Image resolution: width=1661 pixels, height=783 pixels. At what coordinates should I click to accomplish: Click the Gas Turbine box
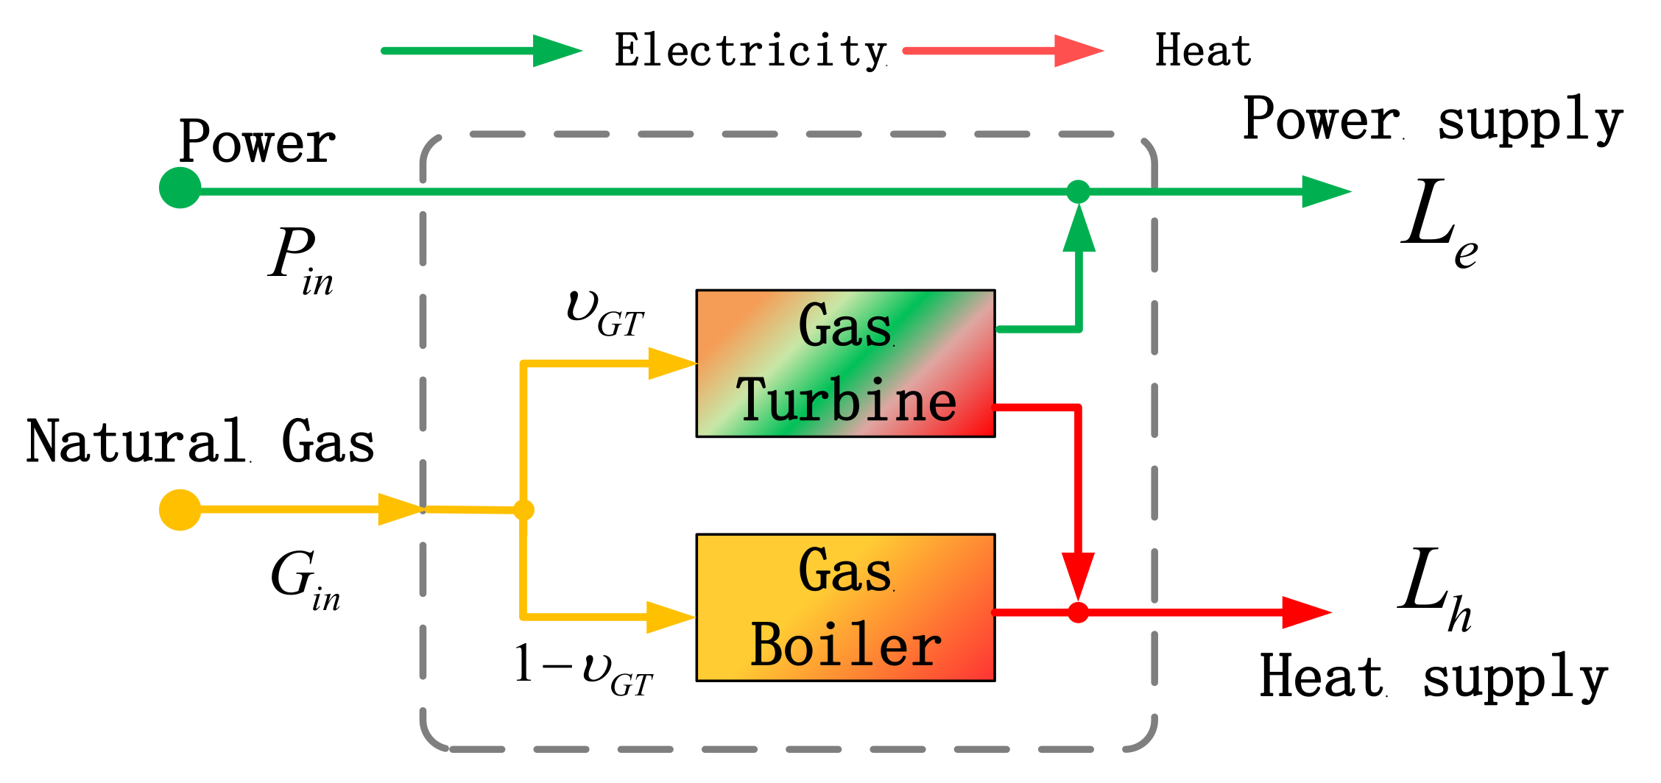(x=845, y=364)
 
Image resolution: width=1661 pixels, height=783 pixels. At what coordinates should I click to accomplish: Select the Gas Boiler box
(x=845, y=608)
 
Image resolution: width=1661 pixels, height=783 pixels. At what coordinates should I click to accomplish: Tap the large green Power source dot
(x=180, y=188)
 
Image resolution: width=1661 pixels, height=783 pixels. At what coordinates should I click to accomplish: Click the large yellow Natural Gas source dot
(x=180, y=509)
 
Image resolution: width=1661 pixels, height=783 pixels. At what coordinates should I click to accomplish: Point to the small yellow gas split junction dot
(x=523, y=509)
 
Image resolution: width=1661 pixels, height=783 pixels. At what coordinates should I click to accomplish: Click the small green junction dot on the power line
(x=1078, y=191)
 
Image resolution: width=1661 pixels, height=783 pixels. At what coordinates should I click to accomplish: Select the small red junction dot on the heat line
(x=1078, y=612)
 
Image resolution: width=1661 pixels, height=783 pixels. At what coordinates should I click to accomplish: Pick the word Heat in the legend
(x=1202, y=52)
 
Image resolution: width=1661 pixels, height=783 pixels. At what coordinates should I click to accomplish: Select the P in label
(x=300, y=259)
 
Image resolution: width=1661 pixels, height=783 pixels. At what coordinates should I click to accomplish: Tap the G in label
(x=303, y=580)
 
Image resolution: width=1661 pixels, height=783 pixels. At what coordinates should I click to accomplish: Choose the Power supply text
(x=1432, y=120)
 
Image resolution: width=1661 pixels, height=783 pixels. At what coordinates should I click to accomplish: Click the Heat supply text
(x=1432, y=677)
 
